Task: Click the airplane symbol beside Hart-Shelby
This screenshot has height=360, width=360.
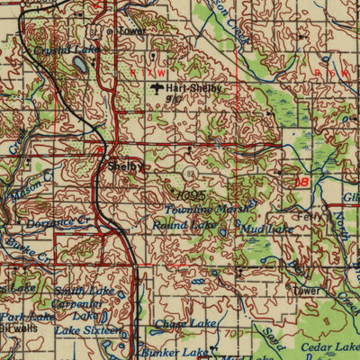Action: (158, 89)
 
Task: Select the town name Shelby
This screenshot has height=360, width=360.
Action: (125, 167)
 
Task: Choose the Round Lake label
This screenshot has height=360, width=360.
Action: (184, 224)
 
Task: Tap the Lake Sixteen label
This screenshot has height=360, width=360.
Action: (86, 331)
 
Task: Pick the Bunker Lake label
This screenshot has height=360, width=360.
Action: (175, 352)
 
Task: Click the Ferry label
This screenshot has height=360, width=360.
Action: (314, 217)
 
